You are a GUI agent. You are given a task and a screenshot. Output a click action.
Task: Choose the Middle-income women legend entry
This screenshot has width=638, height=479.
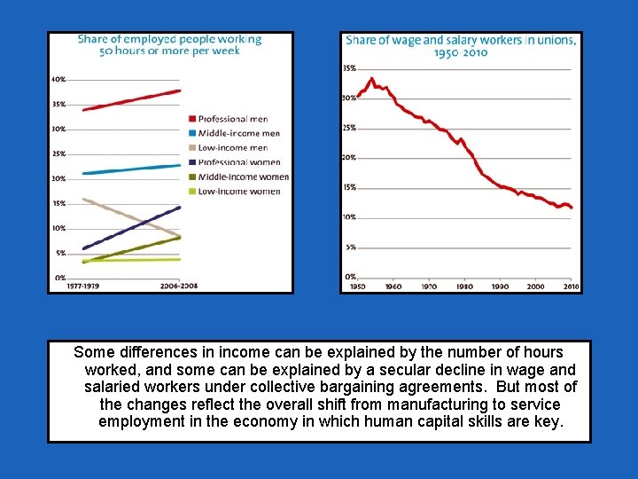pyautogui.click(x=242, y=177)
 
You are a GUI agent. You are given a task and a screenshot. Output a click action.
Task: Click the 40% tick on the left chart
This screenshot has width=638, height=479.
pyautogui.click(x=58, y=80)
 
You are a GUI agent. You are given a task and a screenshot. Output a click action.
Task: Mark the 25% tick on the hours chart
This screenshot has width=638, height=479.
pyautogui.click(x=58, y=153)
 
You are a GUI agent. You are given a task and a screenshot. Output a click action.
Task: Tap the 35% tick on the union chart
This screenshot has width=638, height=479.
pyautogui.click(x=349, y=68)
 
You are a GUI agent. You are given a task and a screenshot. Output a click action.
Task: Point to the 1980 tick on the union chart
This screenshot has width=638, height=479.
pyautogui.click(x=464, y=287)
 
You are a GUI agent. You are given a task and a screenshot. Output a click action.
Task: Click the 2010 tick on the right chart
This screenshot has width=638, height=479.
pyautogui.click(x=572, y=287)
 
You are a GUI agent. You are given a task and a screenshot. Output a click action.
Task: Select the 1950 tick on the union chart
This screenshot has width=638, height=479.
pyautogui.click(x=357, y=287)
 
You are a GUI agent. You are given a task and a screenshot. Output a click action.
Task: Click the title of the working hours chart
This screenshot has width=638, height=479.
pyautogui.click(x=169, y=44)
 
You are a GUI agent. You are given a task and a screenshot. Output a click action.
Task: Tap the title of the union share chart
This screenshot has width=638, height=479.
pyautogui.click(x=460, y=46)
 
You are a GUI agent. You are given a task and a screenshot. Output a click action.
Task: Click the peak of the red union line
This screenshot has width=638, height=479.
pyautogui.click(x=372, y=78)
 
